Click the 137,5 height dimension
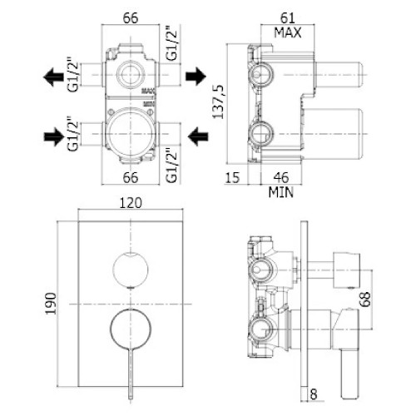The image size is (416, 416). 218,102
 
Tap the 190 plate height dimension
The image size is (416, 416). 51,304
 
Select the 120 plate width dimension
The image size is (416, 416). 131,203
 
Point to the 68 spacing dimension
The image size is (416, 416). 366,299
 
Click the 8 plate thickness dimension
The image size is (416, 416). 314,394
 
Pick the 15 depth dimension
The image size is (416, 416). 232,177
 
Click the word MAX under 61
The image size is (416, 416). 288,32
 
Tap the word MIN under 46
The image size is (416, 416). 280,192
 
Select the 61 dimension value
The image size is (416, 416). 287,18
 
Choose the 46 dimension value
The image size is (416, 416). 281,177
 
